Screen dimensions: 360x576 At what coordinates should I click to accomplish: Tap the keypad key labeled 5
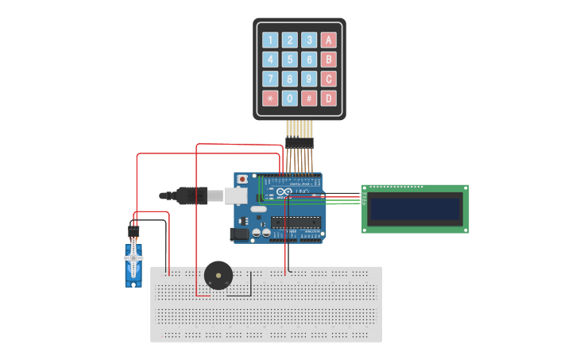290,60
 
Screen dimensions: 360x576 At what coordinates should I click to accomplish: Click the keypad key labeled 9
309,79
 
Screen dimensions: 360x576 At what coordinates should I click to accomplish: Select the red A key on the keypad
328,40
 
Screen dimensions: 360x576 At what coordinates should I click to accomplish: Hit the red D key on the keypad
328,99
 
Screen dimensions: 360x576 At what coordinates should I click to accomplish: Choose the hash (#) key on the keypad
309,99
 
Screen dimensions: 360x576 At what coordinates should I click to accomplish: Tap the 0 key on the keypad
290,99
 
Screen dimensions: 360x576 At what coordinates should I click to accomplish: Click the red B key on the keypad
328,60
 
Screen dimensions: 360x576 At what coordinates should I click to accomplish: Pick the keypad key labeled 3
309,40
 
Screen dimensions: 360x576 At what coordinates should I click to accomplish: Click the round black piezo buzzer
218,276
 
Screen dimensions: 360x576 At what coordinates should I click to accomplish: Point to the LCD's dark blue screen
415,209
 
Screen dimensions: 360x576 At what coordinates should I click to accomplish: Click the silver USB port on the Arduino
235,195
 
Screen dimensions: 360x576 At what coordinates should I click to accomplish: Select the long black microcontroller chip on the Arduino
296,223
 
